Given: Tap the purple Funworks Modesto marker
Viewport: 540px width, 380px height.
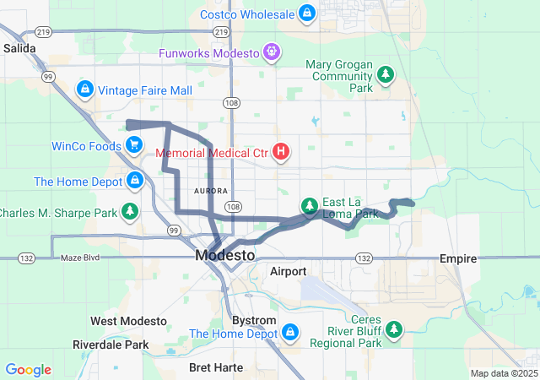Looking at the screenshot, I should (272, 52).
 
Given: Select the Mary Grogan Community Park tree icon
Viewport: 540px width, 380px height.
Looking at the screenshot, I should (386, 74).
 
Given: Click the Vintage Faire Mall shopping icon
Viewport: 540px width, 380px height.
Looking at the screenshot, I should (84, 90).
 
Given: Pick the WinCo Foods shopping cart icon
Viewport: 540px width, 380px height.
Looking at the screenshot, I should (133, 145).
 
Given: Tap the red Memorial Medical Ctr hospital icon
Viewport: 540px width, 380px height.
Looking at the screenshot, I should (281, 153).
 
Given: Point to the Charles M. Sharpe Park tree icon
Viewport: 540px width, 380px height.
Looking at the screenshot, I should (130, 211).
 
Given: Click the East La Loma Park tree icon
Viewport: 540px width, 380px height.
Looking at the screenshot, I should (310, 206).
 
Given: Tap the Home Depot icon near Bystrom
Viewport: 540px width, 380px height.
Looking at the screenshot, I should (291, 332).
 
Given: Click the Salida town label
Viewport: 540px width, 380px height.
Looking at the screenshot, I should (19, 49).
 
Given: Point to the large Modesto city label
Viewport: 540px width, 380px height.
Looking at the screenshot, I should (224, 255).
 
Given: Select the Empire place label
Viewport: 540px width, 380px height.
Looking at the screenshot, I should (459, 258).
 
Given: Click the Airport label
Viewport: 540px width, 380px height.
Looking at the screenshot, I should (289, 271).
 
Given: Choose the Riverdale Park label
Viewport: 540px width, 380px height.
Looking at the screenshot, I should (111, 345).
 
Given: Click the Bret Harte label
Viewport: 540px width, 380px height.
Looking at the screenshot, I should (216, 367).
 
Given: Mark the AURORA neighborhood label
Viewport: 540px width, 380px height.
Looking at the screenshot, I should (211, 191).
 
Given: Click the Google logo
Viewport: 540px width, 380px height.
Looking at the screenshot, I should (29, 370).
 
